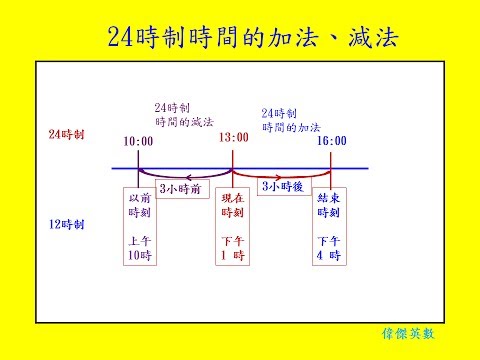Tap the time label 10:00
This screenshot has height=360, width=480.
tap(138, 142)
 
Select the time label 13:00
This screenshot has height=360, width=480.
tap(233, 142)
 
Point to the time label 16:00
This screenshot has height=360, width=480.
tap(332, 142)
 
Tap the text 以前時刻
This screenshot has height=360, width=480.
tap(138, 207)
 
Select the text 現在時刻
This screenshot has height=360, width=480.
tap(233, 207)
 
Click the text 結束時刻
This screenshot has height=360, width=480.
tap(329, 207)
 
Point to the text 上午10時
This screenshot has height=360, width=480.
tap(138, 249)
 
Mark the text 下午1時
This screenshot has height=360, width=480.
tap(233, 249)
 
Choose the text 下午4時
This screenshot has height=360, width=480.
tap(329, 249)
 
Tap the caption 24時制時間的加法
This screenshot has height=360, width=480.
tap(289, 121)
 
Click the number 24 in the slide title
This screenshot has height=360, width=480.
tap(124, 37)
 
